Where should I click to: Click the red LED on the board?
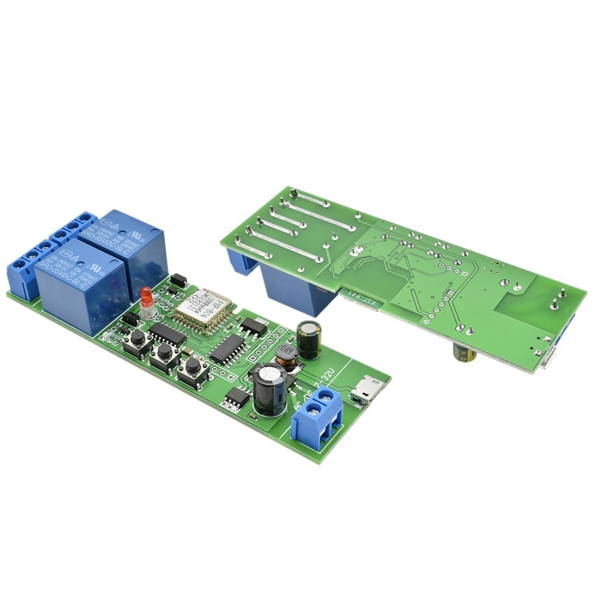146,298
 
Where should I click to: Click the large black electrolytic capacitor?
269,390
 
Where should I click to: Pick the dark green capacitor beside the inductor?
309,339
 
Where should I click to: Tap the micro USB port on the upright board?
367,389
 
